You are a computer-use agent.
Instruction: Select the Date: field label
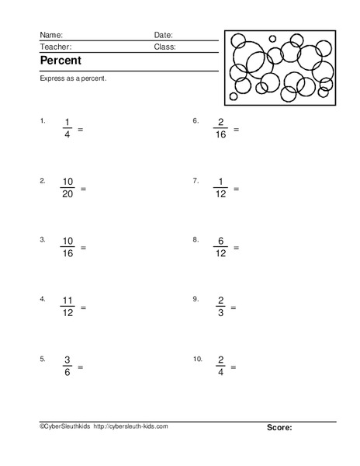tap(163, 35)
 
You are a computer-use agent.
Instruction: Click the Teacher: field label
tap(55, 47)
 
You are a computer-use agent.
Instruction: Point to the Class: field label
tap(164, 47)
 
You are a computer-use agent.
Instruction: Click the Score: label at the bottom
tap(279, 427)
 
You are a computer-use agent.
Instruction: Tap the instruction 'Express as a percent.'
tap(72, 79)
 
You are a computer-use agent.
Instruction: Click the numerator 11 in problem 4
tap(67, 301)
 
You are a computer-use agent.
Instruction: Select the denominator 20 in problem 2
tap(67, 194)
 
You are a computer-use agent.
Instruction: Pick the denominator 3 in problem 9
tap(221, 313)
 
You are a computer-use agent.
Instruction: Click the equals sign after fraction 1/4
tap(80, 129)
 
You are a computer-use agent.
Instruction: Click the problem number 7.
tap(196, 180)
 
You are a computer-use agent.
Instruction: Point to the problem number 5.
tap(43, 359)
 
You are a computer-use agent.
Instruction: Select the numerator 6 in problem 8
tap(221, 241)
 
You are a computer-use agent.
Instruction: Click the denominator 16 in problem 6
tap(221, 135)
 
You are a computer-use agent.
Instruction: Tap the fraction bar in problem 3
tap(67, 248)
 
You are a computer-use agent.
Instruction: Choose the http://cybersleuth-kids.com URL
tap(130, 426)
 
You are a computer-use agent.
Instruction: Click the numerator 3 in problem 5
tap(67, 360)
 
